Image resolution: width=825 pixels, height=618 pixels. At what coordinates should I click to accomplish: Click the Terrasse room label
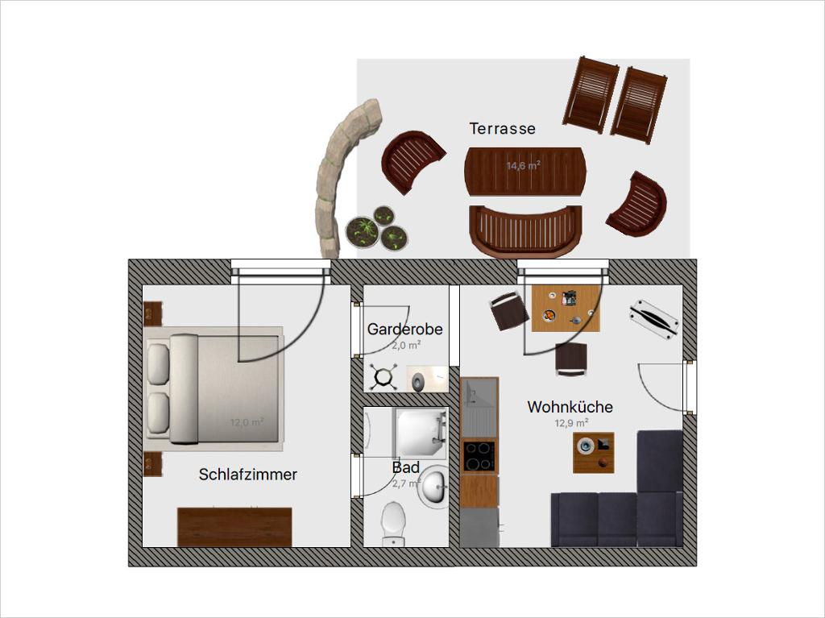503,128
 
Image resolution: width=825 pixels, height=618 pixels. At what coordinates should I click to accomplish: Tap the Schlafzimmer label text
248,475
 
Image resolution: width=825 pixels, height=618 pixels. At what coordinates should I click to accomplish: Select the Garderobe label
404,329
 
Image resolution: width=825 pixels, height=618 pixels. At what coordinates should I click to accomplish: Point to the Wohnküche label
570,407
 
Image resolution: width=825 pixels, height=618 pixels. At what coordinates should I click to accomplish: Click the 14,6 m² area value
524,166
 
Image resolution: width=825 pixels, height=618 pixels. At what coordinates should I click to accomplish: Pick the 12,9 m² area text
571,423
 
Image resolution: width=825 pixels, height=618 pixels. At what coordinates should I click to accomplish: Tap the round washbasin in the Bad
433,485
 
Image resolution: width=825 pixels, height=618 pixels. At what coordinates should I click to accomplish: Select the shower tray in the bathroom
421,432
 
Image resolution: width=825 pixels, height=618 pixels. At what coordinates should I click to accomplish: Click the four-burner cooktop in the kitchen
479,456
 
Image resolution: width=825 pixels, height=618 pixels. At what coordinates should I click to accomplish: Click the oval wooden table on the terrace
525,172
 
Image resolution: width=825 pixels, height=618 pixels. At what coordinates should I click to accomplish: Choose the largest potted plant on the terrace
362,230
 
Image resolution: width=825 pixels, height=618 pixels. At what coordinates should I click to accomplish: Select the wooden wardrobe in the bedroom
234,527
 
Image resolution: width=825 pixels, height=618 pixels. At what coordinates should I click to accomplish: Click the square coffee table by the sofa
594,453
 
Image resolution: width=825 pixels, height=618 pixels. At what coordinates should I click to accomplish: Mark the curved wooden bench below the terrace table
525,230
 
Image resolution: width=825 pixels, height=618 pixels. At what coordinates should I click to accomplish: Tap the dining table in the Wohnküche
566,309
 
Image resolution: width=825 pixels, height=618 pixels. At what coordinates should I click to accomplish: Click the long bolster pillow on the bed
184,389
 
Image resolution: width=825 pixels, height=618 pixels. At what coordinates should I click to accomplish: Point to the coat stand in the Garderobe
382,377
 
